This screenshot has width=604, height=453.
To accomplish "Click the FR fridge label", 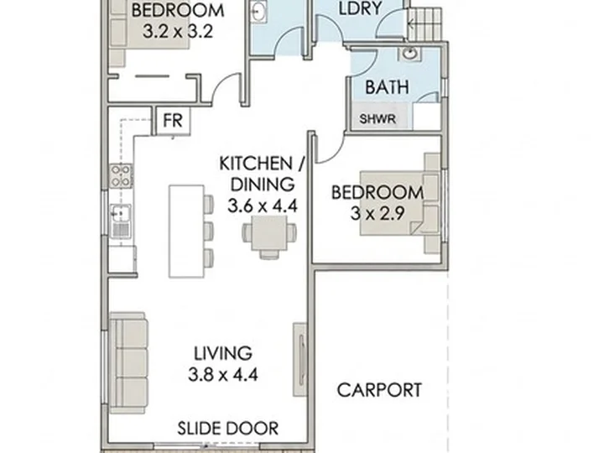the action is coord(172,121).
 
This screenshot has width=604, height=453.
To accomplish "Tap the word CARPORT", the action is coord(379,390).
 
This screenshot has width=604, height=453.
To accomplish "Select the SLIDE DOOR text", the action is coord(227,429).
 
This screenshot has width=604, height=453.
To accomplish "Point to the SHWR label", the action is coord(377,119).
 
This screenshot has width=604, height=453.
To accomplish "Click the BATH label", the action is coord(387,87).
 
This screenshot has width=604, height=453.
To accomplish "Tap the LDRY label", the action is coord(360,8).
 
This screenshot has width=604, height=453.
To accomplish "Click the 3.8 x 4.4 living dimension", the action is coord(223,374).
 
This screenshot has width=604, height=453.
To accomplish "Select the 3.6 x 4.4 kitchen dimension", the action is coord(263,206).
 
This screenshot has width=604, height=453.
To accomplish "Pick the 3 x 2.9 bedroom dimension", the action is coord(377,213).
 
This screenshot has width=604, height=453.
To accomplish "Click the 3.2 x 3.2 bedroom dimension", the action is coord(178,32).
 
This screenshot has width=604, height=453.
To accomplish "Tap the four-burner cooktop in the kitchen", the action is coord(121,175).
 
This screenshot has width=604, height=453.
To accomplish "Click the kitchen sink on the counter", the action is coord(121,221).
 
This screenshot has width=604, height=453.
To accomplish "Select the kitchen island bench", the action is coord(186,232).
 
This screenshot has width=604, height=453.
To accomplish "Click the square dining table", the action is coord(269,233).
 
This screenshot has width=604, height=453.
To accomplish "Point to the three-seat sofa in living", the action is coord(128,363).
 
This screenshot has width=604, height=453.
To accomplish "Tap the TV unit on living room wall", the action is coord(300,359).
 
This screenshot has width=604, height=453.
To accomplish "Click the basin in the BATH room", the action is coord(410,53).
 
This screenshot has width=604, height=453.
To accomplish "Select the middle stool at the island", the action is coord(208,231).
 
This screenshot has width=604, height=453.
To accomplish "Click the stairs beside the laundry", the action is coord(424,24).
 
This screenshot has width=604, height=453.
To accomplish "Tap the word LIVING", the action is coord(223,353).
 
